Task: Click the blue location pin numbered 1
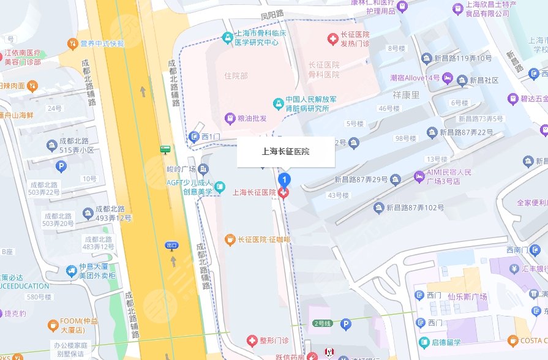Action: tap(284, 179)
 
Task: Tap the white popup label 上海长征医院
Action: tap(286, 152)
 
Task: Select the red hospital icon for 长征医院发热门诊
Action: tap(332, 39)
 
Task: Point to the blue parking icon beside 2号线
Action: tap(345, 324)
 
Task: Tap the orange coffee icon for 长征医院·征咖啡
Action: tap(230, 238)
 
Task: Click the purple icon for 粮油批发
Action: tap(230, 118)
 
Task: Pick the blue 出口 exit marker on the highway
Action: tap(171, 246)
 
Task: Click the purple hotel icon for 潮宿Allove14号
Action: tap(448, 78)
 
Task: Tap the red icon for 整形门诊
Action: tap(251, 340)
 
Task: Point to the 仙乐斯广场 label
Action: tap(467, 296)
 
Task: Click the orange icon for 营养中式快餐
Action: tap(73, 43)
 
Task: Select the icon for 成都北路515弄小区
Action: tap(53, 145)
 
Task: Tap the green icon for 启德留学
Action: tap(424, 342)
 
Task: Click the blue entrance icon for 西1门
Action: tap(194, 136)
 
